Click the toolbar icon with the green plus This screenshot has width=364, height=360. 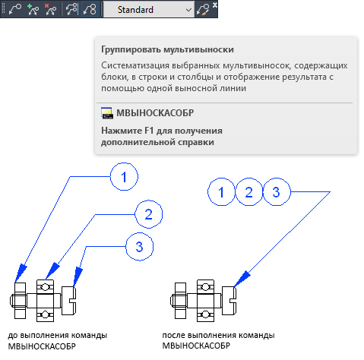pos(33,10)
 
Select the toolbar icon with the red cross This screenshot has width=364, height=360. pos(50,10)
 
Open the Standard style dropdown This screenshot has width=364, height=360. pos(149,10)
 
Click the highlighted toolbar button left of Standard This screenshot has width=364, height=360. pos(90,10)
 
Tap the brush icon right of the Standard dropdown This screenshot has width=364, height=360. pos(203,10)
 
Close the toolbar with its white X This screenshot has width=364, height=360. pos(215,5)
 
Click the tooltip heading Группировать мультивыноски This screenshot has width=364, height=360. pos(167,49)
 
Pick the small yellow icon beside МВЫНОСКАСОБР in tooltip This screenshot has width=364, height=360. pos(107,113)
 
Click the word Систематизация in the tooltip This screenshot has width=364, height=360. pos(135,65)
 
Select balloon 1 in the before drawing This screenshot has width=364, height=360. pos(124,177)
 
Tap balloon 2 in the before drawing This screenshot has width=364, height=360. pos(148,214)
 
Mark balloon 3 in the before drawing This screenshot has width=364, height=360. pos(140,247)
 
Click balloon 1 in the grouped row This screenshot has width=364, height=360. pos(221,192)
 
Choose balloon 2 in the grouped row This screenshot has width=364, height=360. pos(249,192)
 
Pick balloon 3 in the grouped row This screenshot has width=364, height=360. pos(277,192)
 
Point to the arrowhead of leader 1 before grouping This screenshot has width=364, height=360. pos(21,273)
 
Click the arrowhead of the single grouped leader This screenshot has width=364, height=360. pos(242,279)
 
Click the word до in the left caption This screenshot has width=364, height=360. pos(13,335)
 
